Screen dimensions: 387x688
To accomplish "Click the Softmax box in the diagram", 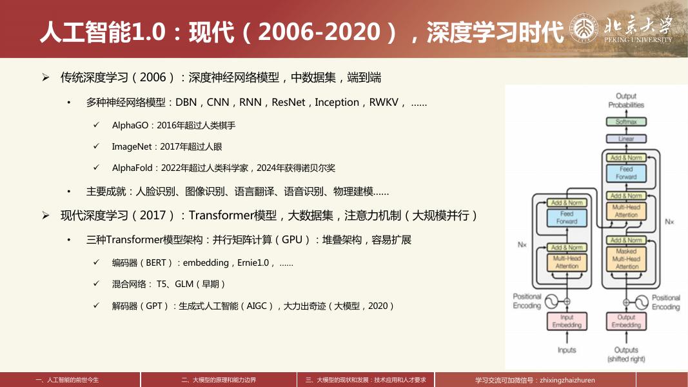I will pos(625,122).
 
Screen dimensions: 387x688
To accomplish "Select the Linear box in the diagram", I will pos(625,139).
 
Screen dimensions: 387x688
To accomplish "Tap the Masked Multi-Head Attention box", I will pos(625,259).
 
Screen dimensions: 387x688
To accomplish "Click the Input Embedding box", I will pos(566,321).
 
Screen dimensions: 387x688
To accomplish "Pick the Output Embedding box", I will pos(625,321).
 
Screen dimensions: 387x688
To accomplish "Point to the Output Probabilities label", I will pos(625,101).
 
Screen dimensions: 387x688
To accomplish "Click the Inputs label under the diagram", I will pos(566,350).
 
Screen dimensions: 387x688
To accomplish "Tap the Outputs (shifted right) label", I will pos(625,354).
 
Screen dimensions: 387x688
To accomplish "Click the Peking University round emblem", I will pos(585,29).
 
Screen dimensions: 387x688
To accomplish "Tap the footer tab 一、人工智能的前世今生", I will pos(70,381).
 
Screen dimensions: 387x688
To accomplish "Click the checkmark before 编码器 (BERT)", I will pos(96,263).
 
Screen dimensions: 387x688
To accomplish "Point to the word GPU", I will pos(293,240).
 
